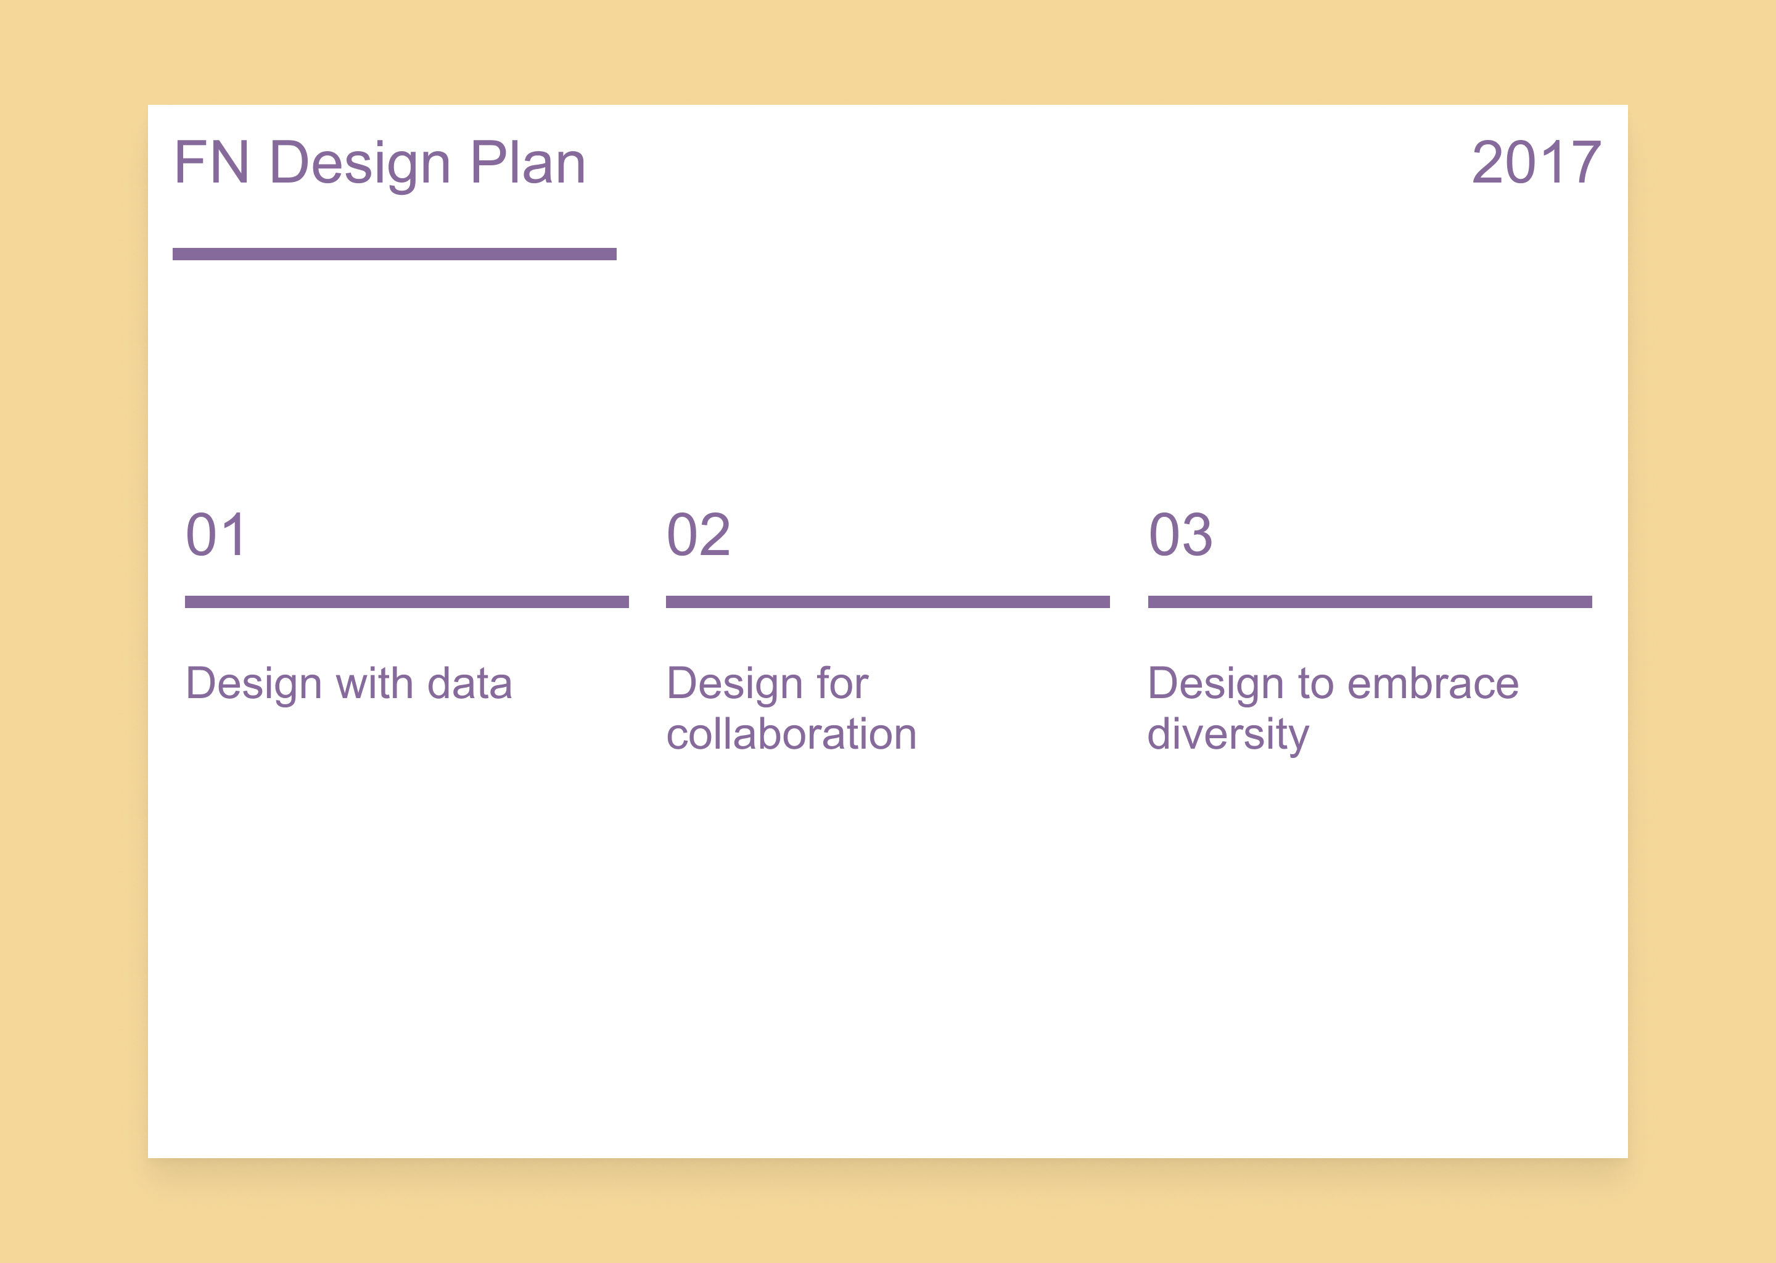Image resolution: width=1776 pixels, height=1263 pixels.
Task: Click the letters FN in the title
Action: pos(212,163)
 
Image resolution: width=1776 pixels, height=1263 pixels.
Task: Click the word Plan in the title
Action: pos(528,163)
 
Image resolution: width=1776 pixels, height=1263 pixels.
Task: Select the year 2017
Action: pos(1537,163)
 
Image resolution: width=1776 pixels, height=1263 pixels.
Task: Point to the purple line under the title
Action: pos(394,254)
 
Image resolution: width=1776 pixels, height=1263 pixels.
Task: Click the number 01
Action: pos(216,535)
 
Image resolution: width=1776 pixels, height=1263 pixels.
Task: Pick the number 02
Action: pos(698,535)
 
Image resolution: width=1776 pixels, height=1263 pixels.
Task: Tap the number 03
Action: pos(1180,535)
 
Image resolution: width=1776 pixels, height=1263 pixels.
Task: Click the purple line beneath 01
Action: pos(406,602)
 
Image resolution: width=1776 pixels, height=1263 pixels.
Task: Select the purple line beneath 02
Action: pos(888,602)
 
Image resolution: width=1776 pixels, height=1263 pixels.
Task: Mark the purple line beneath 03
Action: pos(1370,602)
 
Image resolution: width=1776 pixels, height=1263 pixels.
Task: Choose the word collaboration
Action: pos(792,734)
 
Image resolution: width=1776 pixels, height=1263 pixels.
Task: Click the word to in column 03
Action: pos(1316,685)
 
